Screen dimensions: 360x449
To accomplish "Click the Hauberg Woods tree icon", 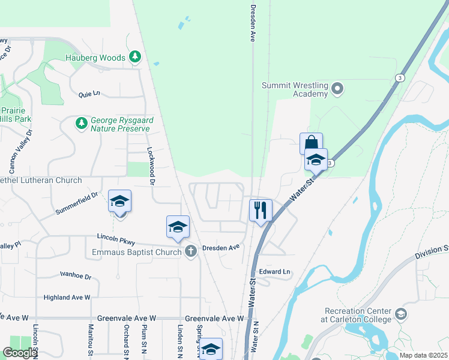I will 135,57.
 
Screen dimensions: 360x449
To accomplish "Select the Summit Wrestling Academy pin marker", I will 337,89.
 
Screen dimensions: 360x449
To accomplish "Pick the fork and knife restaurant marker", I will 261,210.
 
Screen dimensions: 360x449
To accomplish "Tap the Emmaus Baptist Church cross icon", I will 191,251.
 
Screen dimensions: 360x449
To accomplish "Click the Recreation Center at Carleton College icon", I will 400,314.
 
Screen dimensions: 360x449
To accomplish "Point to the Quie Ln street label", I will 89,94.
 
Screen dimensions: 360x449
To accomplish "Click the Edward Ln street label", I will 275,272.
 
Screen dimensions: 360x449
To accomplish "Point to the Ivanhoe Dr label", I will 76,276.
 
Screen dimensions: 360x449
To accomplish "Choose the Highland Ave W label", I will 67,297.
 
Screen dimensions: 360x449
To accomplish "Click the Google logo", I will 20,353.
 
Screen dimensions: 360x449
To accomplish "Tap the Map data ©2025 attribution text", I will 424,355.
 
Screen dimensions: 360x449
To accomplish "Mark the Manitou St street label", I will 91,342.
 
